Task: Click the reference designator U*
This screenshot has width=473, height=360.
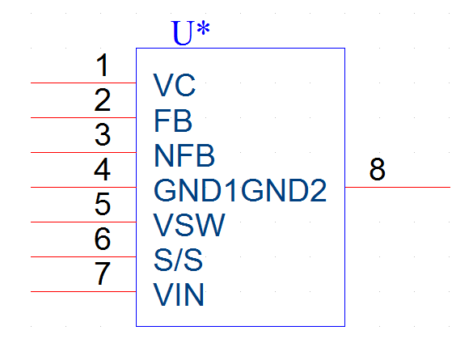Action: click(x=190, y=32)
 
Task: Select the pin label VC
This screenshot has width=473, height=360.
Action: click(x=175, y=85)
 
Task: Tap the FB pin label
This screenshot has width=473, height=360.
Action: click(x=173, y=121)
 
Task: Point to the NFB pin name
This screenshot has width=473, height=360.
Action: click(x=184, y=155)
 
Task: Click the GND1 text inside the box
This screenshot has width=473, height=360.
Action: click(x=195, y=190)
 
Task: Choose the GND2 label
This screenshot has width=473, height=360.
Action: click(x=284, y=190)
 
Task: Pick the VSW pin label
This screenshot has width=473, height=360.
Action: click(x=189, y=225)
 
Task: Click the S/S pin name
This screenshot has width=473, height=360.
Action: click(x=178, y=260)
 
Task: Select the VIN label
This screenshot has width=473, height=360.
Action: click(x=179, y=294)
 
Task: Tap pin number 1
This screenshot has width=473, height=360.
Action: click(x=102, y=65)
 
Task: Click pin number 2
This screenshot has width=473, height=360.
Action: click(x=102, y=100)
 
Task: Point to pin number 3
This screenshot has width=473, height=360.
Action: click(x=103, y=134)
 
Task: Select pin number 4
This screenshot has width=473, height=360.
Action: click(x=102, y=169)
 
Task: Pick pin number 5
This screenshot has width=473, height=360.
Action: click(x=103, y=205)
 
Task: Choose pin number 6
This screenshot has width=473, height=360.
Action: click(x=103, y=239)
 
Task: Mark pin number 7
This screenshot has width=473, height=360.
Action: click(x=103, y=273)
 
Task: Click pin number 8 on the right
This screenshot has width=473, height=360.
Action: click(x=378, y=169)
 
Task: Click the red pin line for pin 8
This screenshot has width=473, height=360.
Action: click(x=398, y=187)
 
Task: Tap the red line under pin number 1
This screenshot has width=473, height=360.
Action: click(x=83, y=83)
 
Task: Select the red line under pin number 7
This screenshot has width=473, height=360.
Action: click(x=83, y=291)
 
